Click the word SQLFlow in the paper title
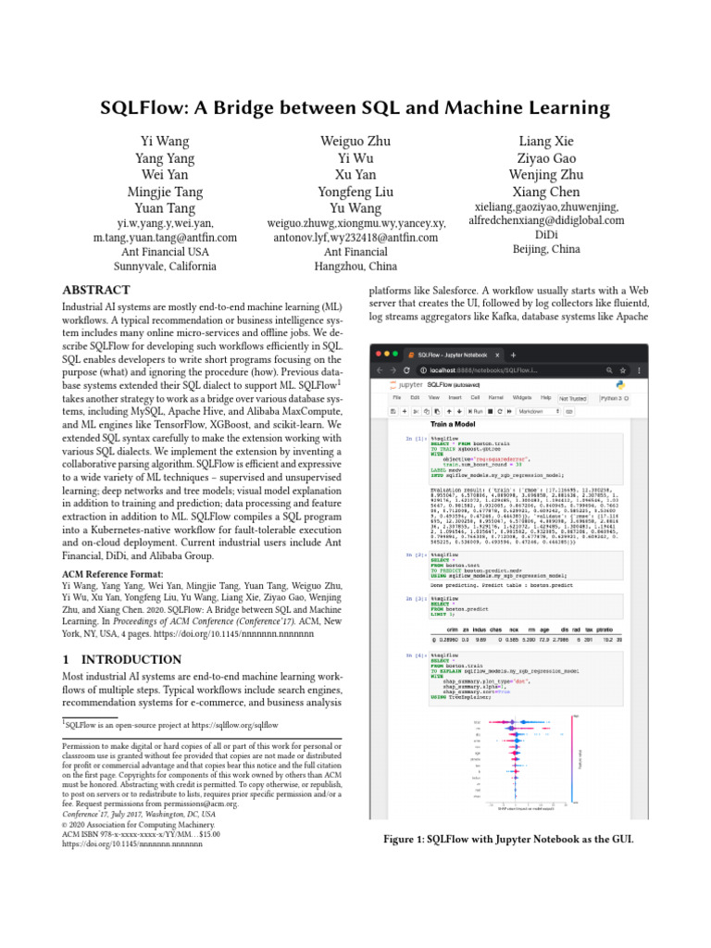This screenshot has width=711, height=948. click(x=149, y=107)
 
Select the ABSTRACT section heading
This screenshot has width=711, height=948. click(x=95, y=290)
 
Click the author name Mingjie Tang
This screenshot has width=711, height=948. click(x=166, y=192)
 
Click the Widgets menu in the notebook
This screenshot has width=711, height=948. click(x=518, y=396)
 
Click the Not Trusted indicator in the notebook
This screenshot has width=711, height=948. click(x=573, y=397)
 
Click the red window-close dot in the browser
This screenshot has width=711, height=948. click(x=380, y=355)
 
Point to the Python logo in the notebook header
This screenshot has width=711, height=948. click(x=621, y=383)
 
